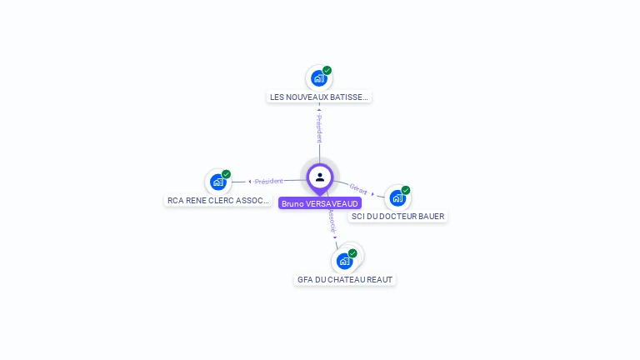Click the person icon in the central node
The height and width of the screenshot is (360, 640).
click(320, 177)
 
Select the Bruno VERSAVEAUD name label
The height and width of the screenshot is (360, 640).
click(320, 203)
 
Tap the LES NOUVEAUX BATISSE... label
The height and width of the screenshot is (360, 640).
click(318, 97)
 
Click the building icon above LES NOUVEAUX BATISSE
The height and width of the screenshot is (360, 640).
click(318, 78)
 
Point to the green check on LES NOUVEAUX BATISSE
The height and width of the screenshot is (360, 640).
click(327, 70)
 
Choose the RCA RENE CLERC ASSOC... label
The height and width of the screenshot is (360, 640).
click(218, 200)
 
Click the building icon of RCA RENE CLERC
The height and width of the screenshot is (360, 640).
click(217, 182)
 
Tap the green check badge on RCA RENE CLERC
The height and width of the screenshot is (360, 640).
click(227, 174)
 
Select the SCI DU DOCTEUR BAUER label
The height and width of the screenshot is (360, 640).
click(397, 216)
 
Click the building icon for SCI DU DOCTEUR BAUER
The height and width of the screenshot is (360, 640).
click(397, 197)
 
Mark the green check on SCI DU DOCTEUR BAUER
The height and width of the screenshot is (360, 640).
click(406, 190)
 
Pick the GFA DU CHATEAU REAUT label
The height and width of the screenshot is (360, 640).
click(345, 279)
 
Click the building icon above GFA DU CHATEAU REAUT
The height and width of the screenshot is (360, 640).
click(344, 261)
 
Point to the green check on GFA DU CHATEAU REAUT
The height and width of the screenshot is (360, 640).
click(352, 253)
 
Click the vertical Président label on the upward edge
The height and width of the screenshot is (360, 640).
click(318, 128)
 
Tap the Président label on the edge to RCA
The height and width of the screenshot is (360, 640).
click(269, 181)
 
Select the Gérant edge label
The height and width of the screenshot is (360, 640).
click(358, 189)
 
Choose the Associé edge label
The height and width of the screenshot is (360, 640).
click(332, 220)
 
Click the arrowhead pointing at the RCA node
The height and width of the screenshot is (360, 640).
click(249, 181)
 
